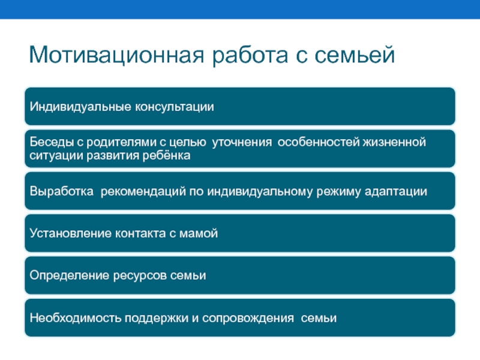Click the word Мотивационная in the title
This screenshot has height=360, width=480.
[116, 55]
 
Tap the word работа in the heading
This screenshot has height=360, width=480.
[250, 56]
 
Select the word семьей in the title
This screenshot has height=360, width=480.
[355, 54]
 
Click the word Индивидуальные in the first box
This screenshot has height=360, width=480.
[81, 107]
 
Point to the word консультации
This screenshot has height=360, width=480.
[175, 107]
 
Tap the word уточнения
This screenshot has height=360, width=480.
[242, 143]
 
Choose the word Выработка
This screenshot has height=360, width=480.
[62, 191]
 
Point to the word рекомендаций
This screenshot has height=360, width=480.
[143, 191]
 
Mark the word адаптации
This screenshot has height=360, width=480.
[396, 192]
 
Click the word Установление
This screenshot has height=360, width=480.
[71, 233]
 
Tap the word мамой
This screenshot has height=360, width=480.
[199, 233]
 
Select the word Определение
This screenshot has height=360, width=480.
[70, 275]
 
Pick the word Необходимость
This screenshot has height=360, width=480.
[76, 318]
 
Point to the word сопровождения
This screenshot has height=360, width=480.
[248, 319]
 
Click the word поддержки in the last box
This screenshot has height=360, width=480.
[157, 319]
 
